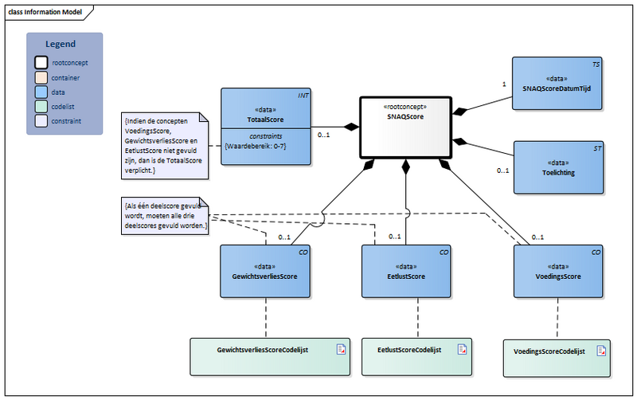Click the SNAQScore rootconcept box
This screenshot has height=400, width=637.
[405, 127]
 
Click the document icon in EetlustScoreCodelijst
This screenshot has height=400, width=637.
[460, 349]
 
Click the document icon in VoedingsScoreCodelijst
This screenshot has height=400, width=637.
[602, 350]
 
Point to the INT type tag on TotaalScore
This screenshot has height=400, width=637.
[303, 96]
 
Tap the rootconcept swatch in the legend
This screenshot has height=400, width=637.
[41, 61]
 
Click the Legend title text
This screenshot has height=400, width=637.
[61, 44]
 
